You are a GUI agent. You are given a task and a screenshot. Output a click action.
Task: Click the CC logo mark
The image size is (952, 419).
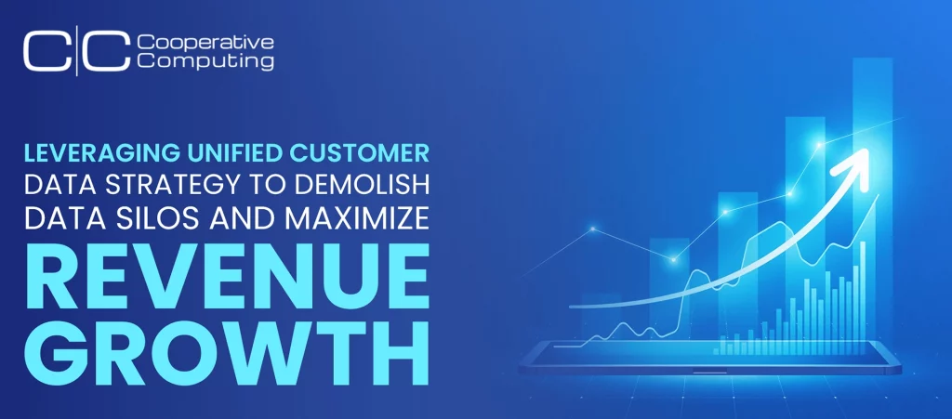click(77, 52)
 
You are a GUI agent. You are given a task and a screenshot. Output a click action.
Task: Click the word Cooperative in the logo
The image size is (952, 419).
click(205, 43)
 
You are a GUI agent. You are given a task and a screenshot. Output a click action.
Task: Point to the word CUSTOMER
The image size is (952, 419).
click(360, 153)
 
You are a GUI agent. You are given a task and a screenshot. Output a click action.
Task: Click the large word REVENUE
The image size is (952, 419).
click(227, 277)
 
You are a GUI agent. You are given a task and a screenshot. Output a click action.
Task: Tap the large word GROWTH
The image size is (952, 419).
click(227, 352)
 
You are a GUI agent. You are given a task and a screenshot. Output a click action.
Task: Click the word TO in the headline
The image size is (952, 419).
click(272, 186)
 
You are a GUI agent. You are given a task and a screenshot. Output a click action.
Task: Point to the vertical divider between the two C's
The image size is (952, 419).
click(77, 53)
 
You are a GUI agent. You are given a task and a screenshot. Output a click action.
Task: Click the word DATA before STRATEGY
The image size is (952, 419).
click(63, 186)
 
